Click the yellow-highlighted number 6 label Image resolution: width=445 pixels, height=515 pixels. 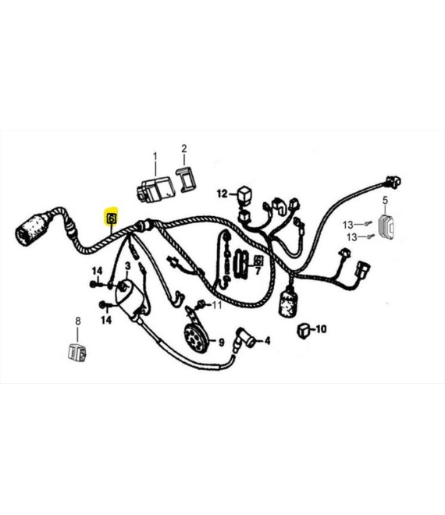pyautogui.click(x=112, y=218)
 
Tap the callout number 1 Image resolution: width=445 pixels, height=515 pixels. pyautogui.click(x=155, y=157)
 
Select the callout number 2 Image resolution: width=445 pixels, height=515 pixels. pyautogui.click(x=184, y=148)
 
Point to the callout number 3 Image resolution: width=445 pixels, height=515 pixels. pyautogui.click(x=127, y=266)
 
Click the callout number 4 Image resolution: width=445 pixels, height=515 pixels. pyautogui.click(x=268, y=340)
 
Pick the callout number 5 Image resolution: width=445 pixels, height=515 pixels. pyautogui.click(x=385, y=200)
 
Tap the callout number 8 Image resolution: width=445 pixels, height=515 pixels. pyautogui.click(x=78, y=321)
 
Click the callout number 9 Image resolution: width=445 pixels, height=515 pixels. pyautogui.click(x=222, y=343)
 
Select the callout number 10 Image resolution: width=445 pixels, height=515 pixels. pyautogui.click(x=321, y=329)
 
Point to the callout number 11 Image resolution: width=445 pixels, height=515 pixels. pyautogui.click(x=217, y=305)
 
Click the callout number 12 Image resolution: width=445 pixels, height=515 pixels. pyautogui.click(x=222, y=194)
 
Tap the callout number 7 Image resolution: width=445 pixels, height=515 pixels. pyautogui.click(x=258, y=271)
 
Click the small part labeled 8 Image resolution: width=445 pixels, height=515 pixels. pyautogui.click(x=77, y=352)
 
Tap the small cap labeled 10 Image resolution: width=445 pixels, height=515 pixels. pyautogui.click(x=303, y=330)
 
